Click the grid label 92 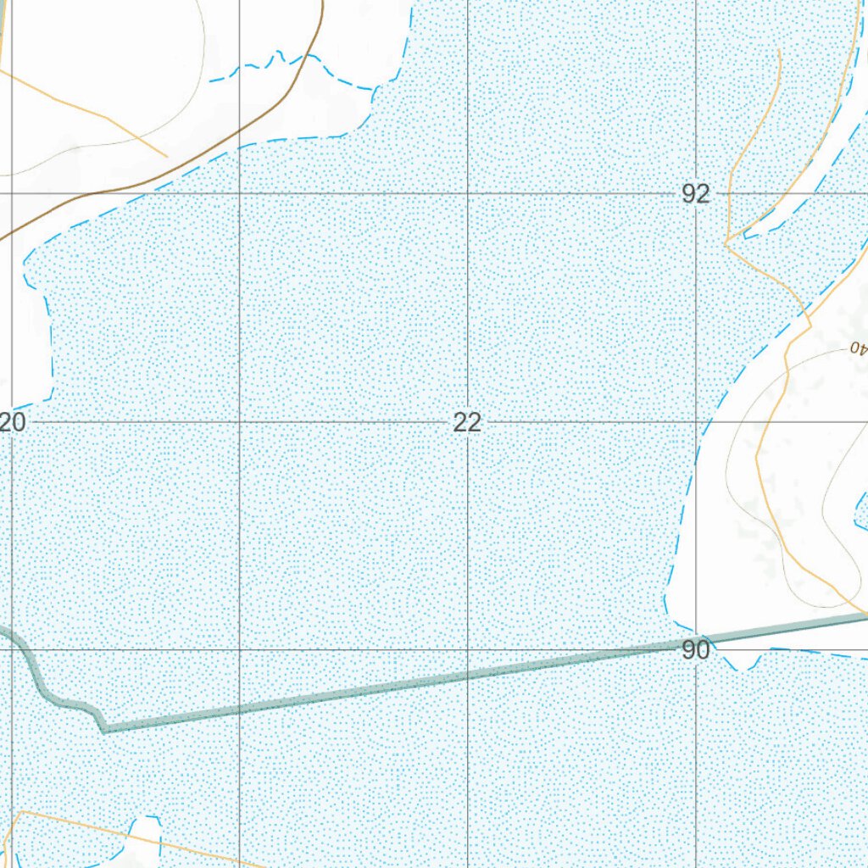click(x=695, y=194)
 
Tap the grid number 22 click(x=467, y=422)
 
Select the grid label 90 click(x=695, y=650)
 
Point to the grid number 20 click(x=12, y=422)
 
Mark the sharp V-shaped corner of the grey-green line click(x=103, y=729)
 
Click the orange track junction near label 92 click(x=726, y=242)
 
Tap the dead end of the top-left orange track click(x=166, y=156)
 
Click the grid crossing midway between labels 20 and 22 click(x=240, y=421)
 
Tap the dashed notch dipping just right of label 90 click(x=743, y=665)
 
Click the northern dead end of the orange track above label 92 click(x=778, y=51)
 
